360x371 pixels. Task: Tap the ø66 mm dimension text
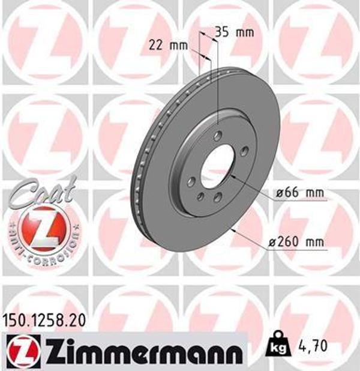[x=299, y=193]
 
